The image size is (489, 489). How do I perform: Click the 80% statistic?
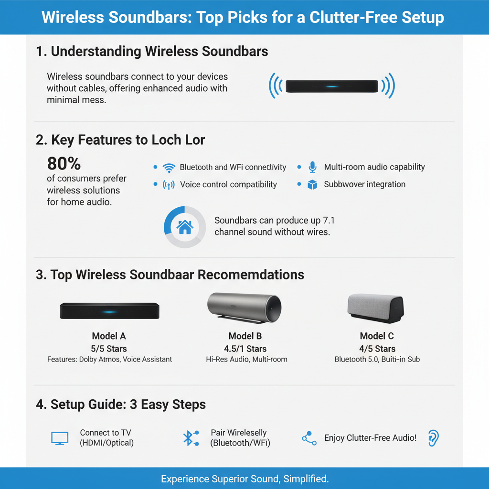click(x=64, y=164)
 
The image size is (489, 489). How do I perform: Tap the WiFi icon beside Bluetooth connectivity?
click(x=169, y=168)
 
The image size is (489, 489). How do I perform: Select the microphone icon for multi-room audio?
click(x=312, y=167)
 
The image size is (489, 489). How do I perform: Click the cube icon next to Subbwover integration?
click(x=312, y=185)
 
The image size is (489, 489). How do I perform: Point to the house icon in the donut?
click(x=185, y=227)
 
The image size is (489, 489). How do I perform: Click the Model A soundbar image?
click(x=109, y=311)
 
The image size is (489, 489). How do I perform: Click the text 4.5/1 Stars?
click(x=245, y=349)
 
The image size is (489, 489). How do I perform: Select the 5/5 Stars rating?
click(x=109, y=349)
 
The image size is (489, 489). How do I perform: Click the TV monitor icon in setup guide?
click(x=60, y=438)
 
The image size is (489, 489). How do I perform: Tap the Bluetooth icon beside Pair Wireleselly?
click(x=190, y=438)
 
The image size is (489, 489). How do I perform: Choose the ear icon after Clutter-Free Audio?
click(x=433, y=437)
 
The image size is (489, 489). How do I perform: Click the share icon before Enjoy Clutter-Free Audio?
click(x=309, y=438)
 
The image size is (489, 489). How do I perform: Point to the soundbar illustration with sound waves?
click(x=332, y=86)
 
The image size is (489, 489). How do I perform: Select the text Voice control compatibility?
click(x=228, y=185)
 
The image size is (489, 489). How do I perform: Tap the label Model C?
click(x=377, y=336)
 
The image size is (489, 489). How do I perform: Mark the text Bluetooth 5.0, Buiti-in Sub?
click(x=377, y=359)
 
